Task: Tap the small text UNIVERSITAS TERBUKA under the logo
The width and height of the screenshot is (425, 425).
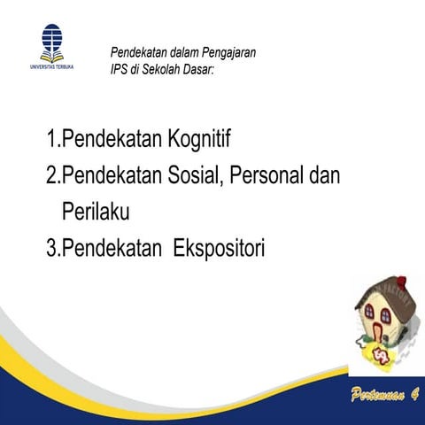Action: [52, 66]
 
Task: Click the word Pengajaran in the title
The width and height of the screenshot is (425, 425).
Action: [228, 53]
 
